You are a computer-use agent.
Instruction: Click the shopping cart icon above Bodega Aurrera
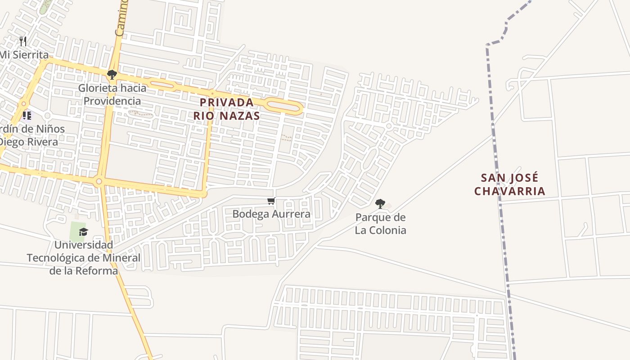271,201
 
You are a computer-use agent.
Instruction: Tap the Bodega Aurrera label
271,214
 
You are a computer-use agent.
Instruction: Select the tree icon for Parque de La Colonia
380,204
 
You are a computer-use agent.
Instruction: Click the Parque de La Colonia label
380,224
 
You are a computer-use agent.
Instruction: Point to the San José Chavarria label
509,184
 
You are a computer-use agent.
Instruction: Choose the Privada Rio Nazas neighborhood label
227,109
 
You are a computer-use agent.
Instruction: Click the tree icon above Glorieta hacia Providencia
112,75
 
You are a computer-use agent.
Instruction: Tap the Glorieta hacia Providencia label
112,94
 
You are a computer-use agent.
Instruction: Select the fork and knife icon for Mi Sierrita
23,42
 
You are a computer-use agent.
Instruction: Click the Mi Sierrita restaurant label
24,55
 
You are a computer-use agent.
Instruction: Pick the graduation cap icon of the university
83,232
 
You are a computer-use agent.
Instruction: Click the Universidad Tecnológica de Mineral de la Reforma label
83,258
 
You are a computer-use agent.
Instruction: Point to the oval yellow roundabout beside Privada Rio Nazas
284,106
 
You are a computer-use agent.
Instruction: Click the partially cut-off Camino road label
121,18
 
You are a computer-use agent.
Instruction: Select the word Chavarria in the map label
509,191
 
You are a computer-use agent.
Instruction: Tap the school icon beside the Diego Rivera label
27,116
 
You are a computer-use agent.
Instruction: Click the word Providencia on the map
112,101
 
